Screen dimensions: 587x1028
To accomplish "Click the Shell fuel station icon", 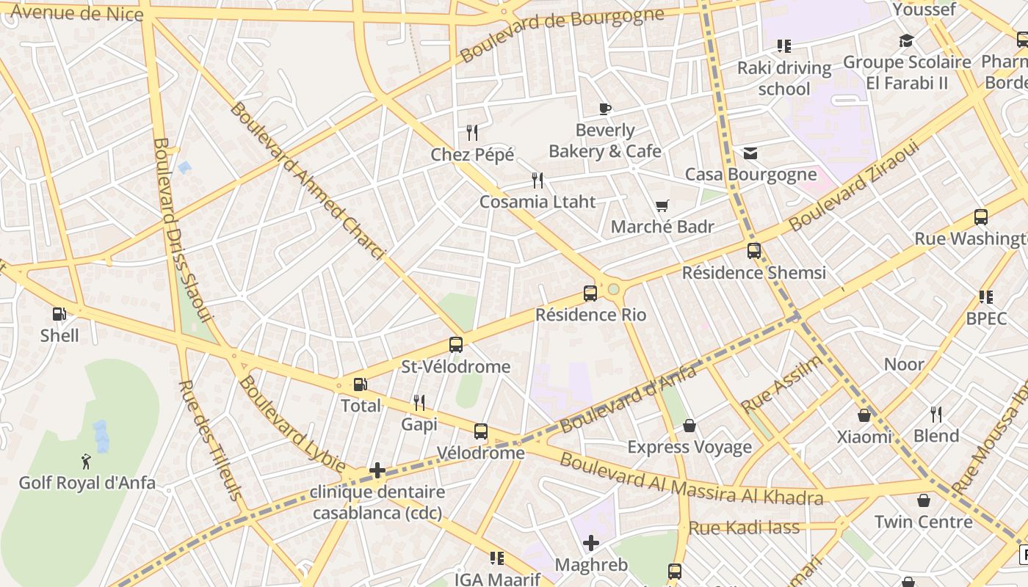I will coord(59,314).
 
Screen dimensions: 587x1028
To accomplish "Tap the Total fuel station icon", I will coord(361,384).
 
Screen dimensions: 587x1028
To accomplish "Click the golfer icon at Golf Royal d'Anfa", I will coord(86,462).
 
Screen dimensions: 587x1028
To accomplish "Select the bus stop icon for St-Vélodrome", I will coord(455,344).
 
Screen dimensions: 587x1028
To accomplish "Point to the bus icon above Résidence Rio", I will coord(590,293).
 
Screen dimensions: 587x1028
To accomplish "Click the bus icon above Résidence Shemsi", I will coord(753,250).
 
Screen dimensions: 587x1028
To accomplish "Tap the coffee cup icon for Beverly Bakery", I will coord(604,109).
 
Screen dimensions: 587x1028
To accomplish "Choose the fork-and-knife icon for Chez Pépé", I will coord(472,133).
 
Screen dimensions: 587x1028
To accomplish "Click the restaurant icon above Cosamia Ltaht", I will coord(537,180).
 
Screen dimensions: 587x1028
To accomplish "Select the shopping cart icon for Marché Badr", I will coord(662,206).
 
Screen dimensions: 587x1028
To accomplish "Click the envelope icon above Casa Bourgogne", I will coord(750,153).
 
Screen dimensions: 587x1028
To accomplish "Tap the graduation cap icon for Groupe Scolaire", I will coord(906,40).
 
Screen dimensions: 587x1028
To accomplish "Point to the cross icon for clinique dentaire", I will coord(377,470).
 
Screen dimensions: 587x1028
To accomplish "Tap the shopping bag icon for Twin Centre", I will coord(923,500).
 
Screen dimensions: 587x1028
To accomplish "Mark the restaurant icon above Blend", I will coord(935,415).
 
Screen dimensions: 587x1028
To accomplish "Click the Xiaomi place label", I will coord(864,437).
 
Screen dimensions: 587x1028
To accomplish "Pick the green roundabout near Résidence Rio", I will coord(613,289).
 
